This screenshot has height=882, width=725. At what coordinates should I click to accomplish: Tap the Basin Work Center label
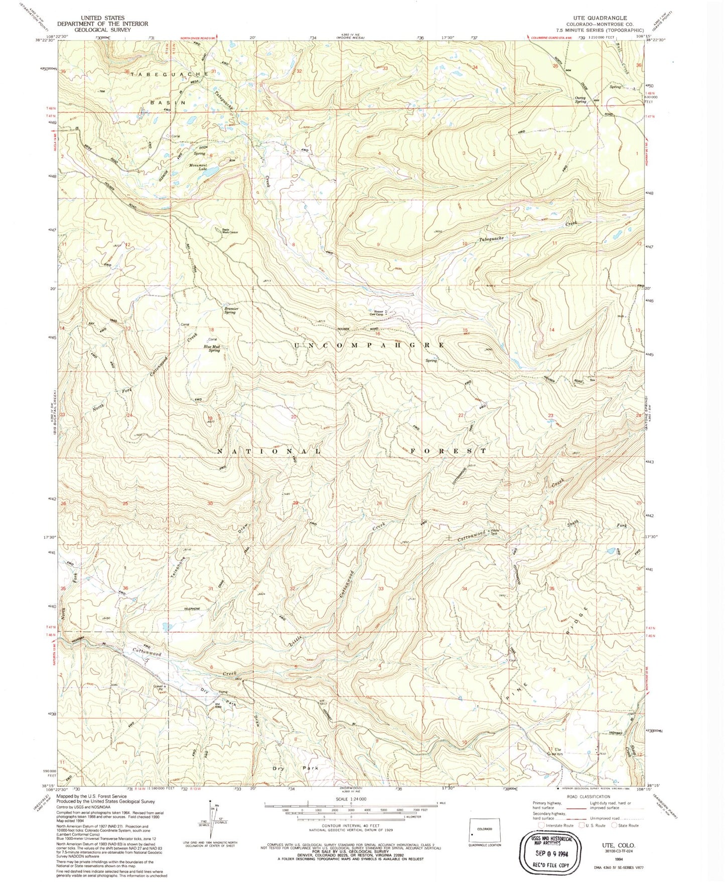[229, 232]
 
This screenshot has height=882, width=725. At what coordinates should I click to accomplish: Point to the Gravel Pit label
[160, 688]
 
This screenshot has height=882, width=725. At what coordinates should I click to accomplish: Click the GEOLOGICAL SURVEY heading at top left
[102, 29]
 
